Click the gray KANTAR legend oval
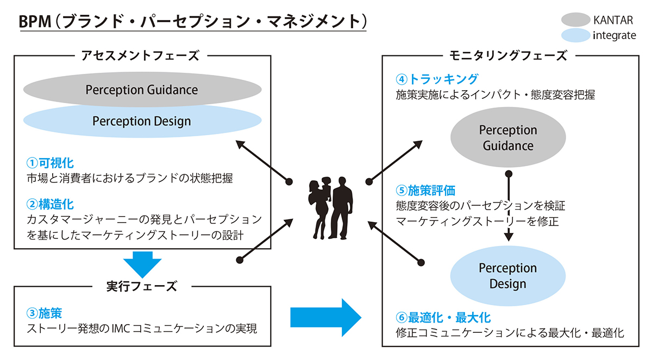pyautogui.click(x=575, y=20)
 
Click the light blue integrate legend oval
pyautogui.click(x=575, y=36)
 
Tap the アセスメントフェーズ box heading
pyautogui.click(x=140, y=55)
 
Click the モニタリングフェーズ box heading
pyautogui.click(x=509, y=55)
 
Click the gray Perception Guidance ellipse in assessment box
pyautogui.click(x=141, y=89)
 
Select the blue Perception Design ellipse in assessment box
pyautogui.click(x=141, y=121)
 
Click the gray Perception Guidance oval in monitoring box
pyautogui.click(x=507, y=138)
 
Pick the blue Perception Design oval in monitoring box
pyautogui.click(x=507, y=276)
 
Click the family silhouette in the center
pyautogui.click(x=329, y=207)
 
